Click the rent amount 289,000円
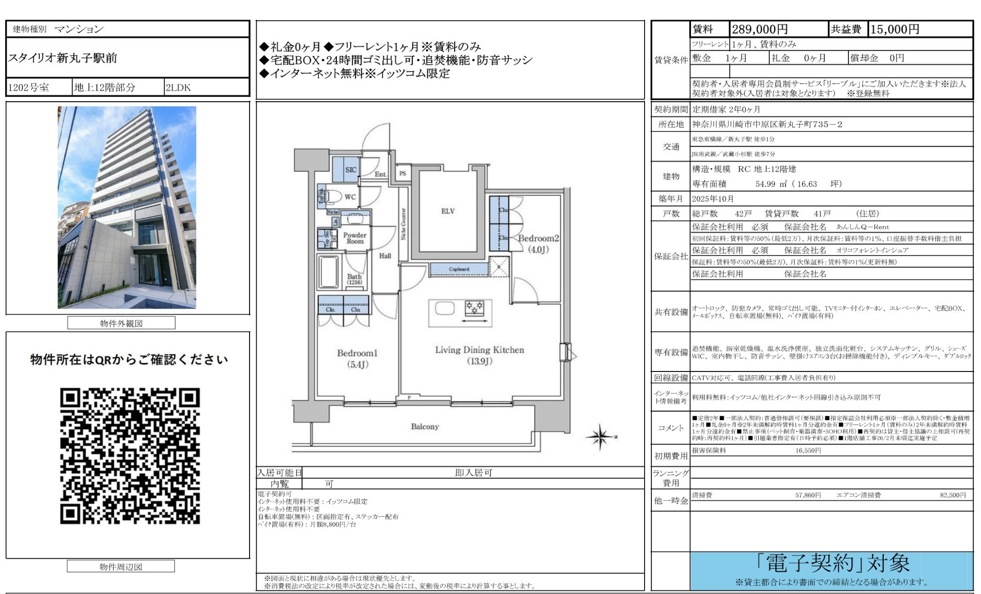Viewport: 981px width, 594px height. [x=760, y=30]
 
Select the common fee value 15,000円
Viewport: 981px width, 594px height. [x=895, y=30]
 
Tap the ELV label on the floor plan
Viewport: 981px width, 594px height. [x=448, y=211]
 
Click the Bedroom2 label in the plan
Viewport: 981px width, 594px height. [x=538, y=238]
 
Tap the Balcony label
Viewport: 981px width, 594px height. [x=425, y=426]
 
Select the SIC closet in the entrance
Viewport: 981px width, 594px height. [x=350, y=170]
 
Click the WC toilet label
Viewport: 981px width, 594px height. [x=350, y=197]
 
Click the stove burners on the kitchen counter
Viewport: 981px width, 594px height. [x=474, y=307]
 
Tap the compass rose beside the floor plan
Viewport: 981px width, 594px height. [x=601, y=436]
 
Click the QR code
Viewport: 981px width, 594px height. [x=129, y=456]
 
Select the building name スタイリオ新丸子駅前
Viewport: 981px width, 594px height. [x=63, y=58]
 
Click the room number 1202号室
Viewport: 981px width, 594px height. [x=29, y=87]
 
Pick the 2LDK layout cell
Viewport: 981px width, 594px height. [x=178, y=87]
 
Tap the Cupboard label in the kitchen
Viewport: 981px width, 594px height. [x=459, y=269]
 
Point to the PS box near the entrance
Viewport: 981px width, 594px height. [x=403, y=173]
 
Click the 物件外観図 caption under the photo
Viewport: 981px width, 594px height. [x=121, y=323]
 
